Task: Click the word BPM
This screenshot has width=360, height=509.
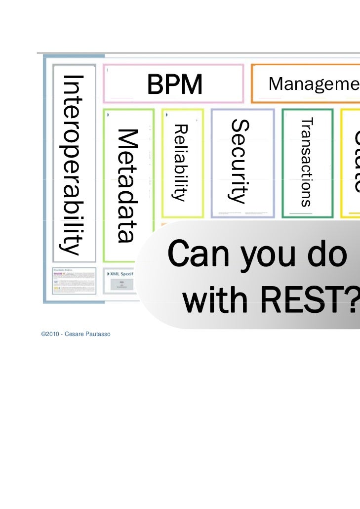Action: [x=174, y=85]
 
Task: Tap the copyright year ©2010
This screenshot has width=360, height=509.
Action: [x=50, y=335]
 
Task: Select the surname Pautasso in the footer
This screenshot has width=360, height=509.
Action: [x=98, y=335]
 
